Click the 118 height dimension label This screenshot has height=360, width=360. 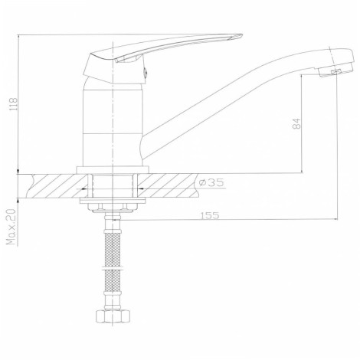click(x=13, y=104)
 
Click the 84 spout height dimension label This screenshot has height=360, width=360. click(x=296, y=123)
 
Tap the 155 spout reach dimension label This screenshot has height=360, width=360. click(x=210, y=215)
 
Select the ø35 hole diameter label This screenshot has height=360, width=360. click(x=211, y=182)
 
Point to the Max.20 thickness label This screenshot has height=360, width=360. click(x=11, y=227)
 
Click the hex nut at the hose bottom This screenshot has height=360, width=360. click(x=113, y=316)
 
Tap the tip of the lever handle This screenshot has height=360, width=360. click(x=241, y=35)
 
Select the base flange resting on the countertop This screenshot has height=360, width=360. click(x=113, y=170)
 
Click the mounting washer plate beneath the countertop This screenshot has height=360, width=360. click(x=113, y=201)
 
